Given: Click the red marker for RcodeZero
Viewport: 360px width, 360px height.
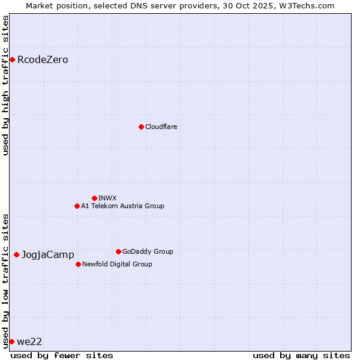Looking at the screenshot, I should coord(12,59).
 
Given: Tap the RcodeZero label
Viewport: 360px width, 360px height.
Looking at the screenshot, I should coord(43,60).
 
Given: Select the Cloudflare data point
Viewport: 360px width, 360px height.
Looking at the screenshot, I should coord(141,127).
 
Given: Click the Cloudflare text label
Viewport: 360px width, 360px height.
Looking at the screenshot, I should coord(161,127).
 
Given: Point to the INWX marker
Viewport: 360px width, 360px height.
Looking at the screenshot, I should coord(94,198).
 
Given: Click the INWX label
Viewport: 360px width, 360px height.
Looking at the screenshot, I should coord(108,199).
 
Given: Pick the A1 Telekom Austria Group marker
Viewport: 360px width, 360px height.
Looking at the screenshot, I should coord(77,206).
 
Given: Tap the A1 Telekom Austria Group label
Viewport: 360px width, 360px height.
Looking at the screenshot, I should coord(122,206).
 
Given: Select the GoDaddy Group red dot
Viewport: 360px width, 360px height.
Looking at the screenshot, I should coord(118,251).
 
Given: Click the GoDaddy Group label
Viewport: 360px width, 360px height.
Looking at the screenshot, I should coord(148,252).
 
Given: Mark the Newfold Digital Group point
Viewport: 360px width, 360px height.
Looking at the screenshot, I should coord(78,264).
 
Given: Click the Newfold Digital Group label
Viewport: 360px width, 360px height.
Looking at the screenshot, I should coord(117,265).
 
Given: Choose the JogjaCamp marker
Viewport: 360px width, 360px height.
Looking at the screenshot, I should coord(16,254).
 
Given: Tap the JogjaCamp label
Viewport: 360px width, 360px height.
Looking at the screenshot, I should coord(48,255).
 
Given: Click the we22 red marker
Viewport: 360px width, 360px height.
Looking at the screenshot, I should coord(11,341).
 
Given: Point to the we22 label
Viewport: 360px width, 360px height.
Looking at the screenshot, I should coord(29,342).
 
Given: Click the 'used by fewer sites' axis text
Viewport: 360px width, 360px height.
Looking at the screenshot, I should coord(62,355).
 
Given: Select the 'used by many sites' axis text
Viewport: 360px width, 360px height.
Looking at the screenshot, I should coord(301,355).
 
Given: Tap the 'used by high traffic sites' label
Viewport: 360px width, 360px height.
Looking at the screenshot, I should coord(5,85).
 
